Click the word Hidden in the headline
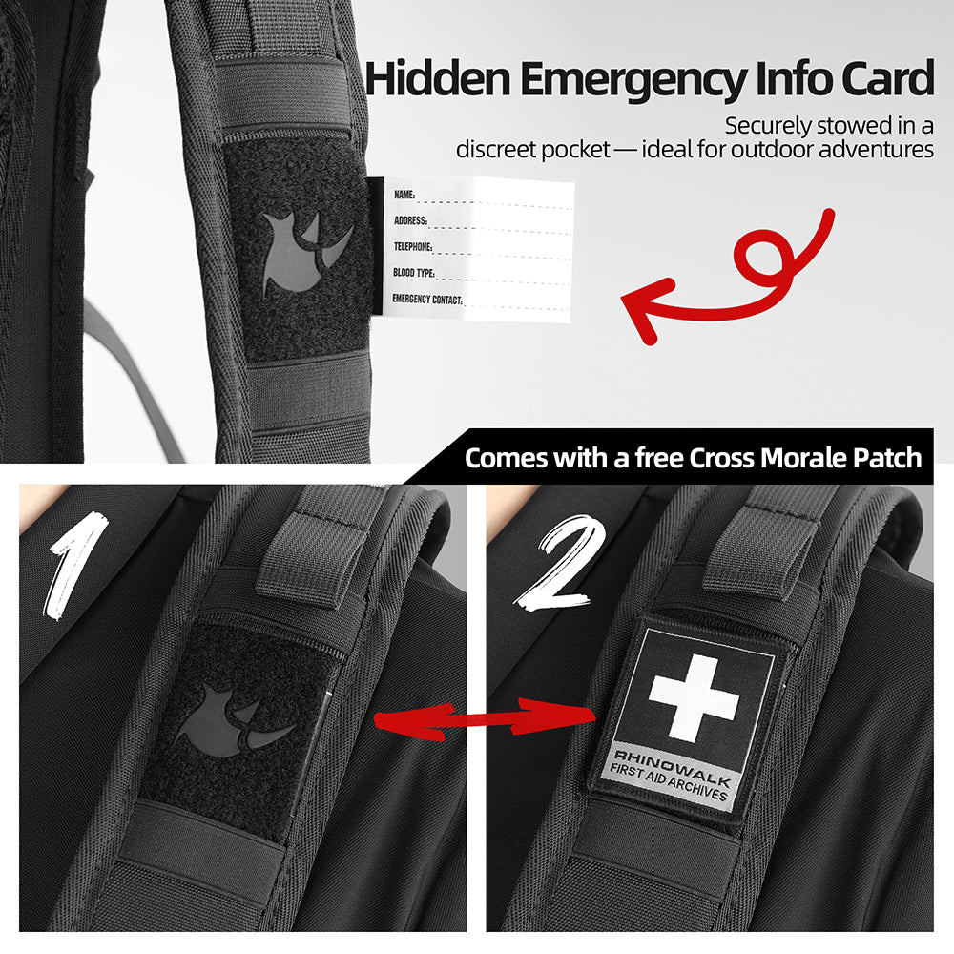(x=438, y=78)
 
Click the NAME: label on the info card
(x=404, y=195)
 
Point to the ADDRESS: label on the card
(x=410, y=220)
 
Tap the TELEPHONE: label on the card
(x=412, y=246)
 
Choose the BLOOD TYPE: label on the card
(x=414, y=273)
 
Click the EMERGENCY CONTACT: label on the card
(x=427, y=299)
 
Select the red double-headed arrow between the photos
(x=485, y=720)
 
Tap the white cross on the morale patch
(x=695, y=698)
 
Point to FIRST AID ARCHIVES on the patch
(x=669, y=783)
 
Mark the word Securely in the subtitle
(x=768, y=127)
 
